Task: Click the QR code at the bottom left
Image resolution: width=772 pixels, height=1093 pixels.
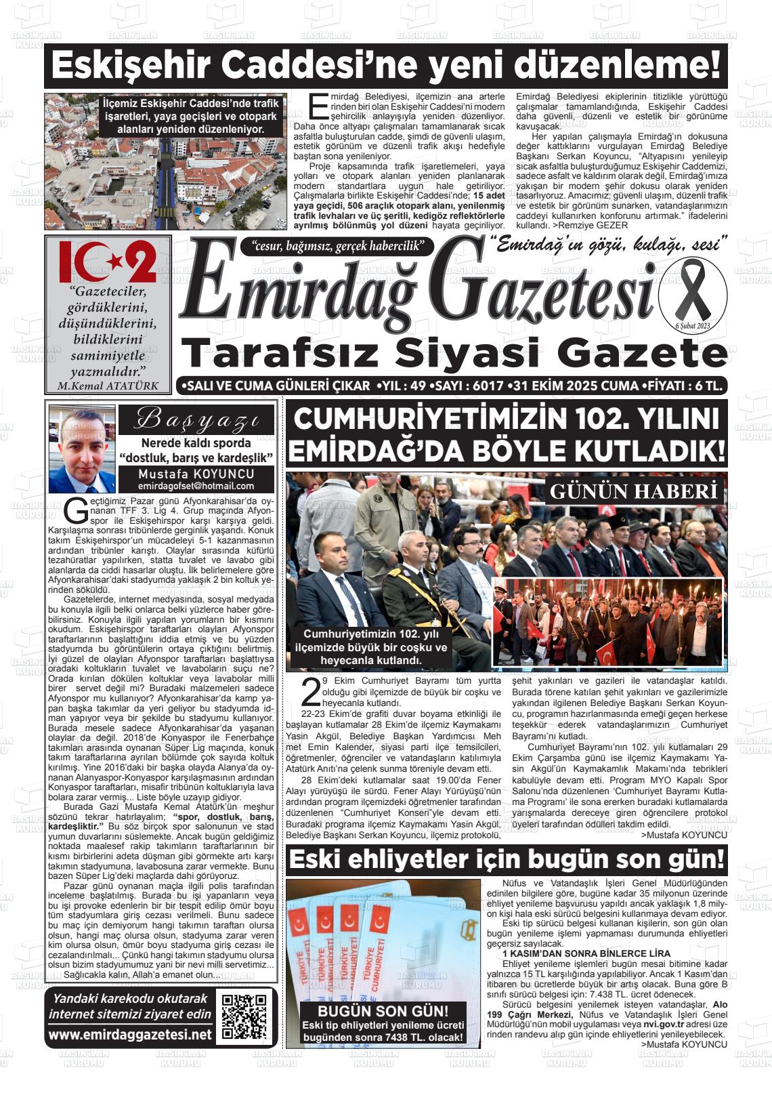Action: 245,1017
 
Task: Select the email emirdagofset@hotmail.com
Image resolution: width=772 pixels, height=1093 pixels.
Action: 196,486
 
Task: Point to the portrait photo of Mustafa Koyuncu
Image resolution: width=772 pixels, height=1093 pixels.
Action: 82,449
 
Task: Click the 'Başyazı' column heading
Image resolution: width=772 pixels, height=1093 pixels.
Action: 196,420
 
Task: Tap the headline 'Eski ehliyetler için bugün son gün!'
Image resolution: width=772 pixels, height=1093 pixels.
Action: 506,860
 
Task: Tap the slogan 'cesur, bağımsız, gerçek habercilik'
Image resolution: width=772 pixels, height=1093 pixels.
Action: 337,247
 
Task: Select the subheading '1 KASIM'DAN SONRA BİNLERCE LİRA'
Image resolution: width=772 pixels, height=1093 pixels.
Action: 576,953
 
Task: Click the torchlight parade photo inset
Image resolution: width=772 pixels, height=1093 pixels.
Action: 609,621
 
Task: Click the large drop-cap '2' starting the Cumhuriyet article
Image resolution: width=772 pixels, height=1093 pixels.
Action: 310,691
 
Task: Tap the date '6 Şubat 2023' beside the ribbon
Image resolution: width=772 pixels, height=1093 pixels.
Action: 691,327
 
